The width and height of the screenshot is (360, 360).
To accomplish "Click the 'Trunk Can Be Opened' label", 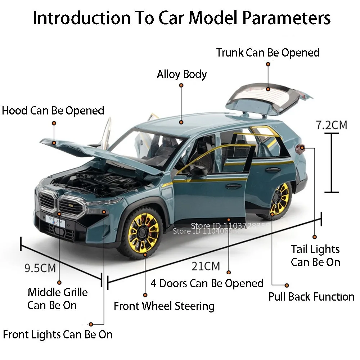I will coord(268,53).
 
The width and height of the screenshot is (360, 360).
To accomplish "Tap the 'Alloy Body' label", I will coord(182,75).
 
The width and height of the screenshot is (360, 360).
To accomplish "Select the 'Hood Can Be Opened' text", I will coord(53,110).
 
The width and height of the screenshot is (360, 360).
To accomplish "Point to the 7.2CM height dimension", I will coord(332,125).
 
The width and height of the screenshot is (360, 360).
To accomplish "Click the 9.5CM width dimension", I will coord(40,268).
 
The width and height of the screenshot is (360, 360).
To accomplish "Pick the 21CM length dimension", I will coord(206,266).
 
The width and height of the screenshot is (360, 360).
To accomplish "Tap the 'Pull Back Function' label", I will coord(311,297).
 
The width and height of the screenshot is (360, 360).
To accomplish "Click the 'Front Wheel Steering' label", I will coord(164,306).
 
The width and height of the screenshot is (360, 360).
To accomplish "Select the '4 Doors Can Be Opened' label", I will coord(207,284).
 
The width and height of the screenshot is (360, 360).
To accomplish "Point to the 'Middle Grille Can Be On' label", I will coord(58,299).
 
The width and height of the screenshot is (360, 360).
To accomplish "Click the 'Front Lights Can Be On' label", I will coord(58,335).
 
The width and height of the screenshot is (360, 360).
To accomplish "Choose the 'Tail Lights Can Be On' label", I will coord(315,256).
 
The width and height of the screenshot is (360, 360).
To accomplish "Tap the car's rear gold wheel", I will coord(280,200).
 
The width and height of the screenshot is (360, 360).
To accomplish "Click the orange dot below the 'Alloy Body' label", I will coord(181,85).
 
